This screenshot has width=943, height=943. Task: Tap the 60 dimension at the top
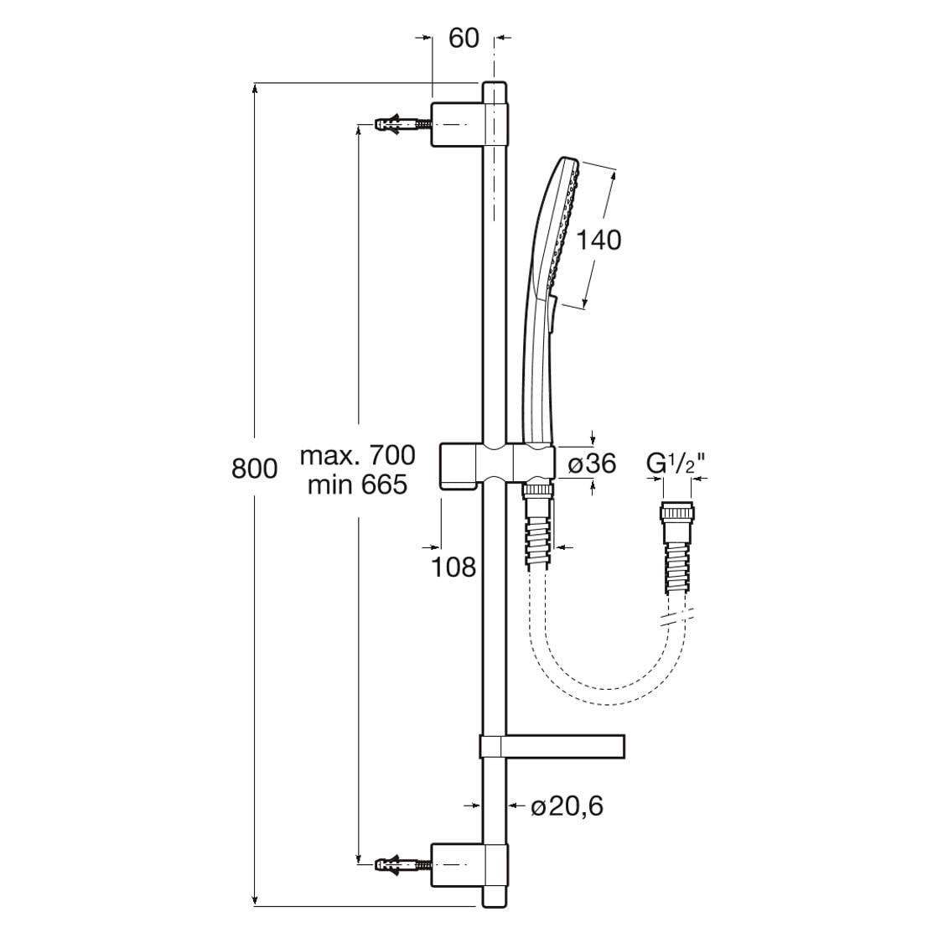[x=464, y=38]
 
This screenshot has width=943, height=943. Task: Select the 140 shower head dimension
[x=598, y=240]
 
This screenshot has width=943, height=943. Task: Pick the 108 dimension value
[x=454, y=567]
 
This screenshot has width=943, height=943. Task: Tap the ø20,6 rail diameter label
[x=567, y=806]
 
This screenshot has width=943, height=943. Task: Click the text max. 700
[x=357, y=455]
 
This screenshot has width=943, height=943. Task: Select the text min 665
[x=357, y=484]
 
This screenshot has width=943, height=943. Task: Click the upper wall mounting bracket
[x=469, y=124]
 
